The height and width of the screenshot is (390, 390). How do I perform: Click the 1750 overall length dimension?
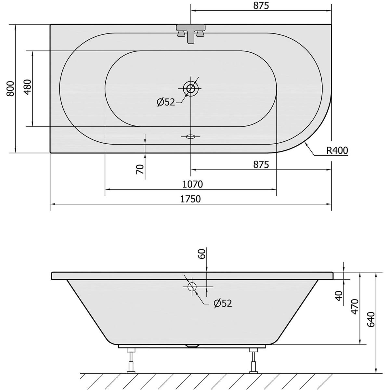190,199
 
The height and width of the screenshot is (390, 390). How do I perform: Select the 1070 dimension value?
192,184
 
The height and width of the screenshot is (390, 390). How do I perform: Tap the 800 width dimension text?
10,88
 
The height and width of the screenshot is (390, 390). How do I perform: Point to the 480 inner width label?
28,87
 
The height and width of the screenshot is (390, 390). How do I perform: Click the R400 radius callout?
337,150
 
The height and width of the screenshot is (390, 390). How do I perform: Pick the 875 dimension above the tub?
261,6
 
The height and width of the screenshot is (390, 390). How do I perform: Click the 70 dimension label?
140,169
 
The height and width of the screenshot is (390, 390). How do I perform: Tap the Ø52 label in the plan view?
166,102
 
